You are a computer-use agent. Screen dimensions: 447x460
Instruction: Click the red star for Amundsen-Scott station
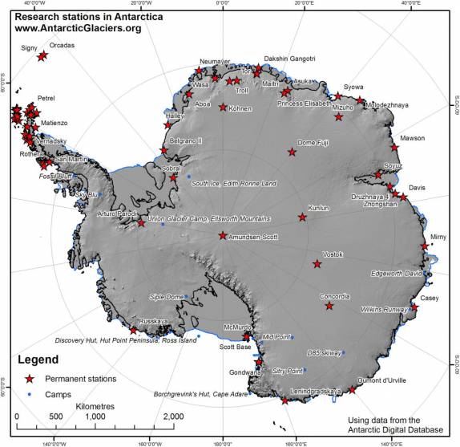coord(223,236)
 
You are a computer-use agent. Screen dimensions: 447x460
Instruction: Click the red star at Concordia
coord(329,306)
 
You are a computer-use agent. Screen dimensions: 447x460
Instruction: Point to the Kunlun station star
coord(302,217)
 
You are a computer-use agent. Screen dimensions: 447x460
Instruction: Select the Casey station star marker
coord(414,307)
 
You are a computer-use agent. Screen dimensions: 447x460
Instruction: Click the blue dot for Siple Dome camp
coord(186,297)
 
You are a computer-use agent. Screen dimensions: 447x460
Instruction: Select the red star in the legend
coord(30,378)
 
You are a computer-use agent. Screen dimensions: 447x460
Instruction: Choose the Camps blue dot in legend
coord(30,393)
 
